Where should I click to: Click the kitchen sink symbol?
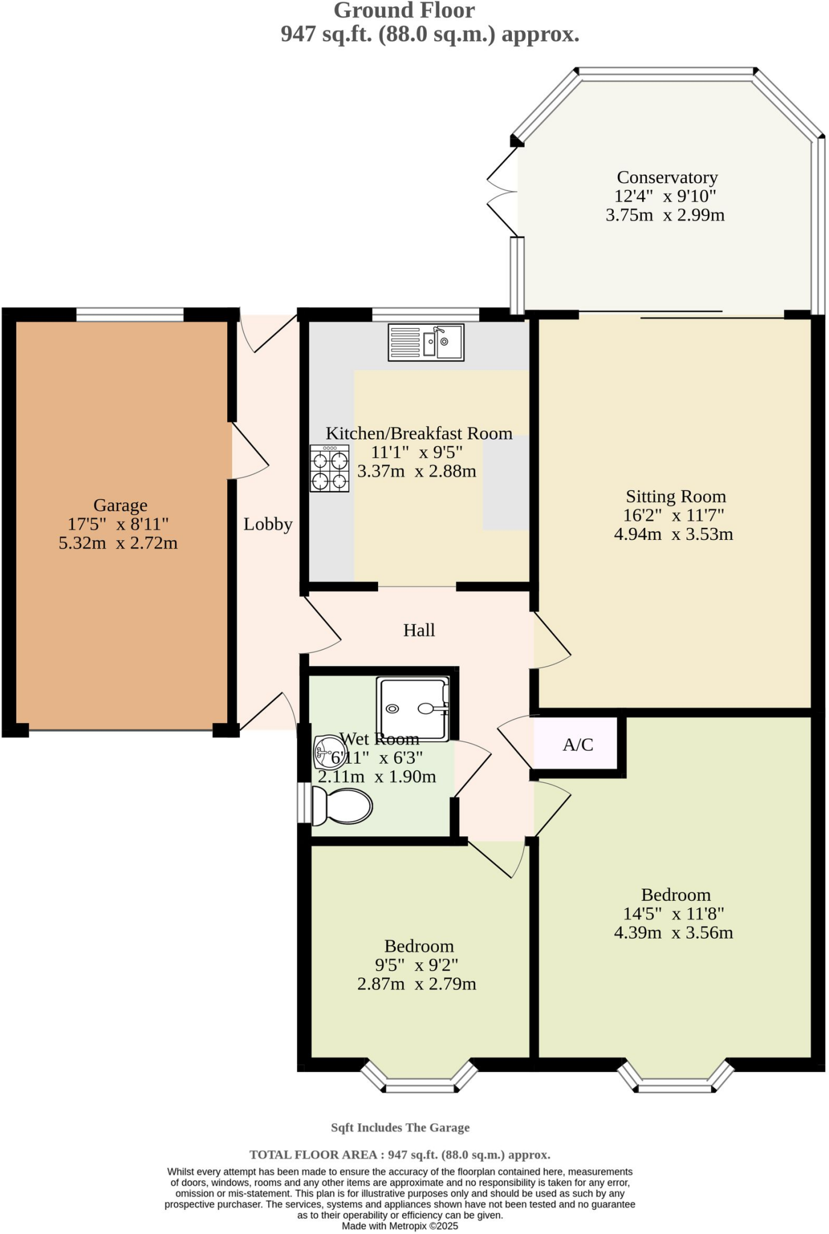point(426,342)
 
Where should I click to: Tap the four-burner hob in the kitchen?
point(330,468)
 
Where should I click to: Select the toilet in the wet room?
point(342,805)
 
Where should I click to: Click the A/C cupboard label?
point(578,745)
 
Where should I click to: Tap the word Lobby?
point(268,524)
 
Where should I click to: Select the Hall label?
point(419,630)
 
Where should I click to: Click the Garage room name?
point(120,506)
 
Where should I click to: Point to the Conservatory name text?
point(667,177)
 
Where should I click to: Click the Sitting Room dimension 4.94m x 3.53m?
point(673,534)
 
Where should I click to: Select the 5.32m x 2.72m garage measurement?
point(118,543)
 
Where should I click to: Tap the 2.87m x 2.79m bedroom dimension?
point(417,984)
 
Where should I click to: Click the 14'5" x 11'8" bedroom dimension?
point(673,913)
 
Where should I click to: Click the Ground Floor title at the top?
point(404,10)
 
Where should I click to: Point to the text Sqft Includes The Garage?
point(400,1127)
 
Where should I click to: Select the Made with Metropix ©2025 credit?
point(400,1226)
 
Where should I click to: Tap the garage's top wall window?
point(130,314)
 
